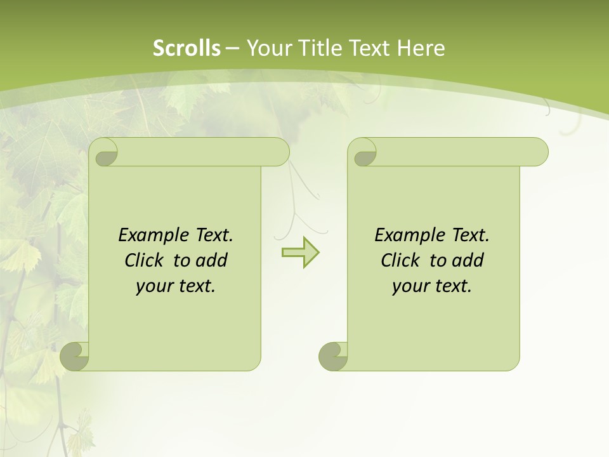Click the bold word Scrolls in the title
tap(187, 48)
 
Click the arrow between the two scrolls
tap(300, 253)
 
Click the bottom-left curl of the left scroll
tap(75, 356)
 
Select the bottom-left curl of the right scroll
tap(334, 356)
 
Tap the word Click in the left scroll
tap(143, 260)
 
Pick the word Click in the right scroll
tap(400, 260)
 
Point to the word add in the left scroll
tap(212, 260)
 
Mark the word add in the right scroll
tap(468, 260)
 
